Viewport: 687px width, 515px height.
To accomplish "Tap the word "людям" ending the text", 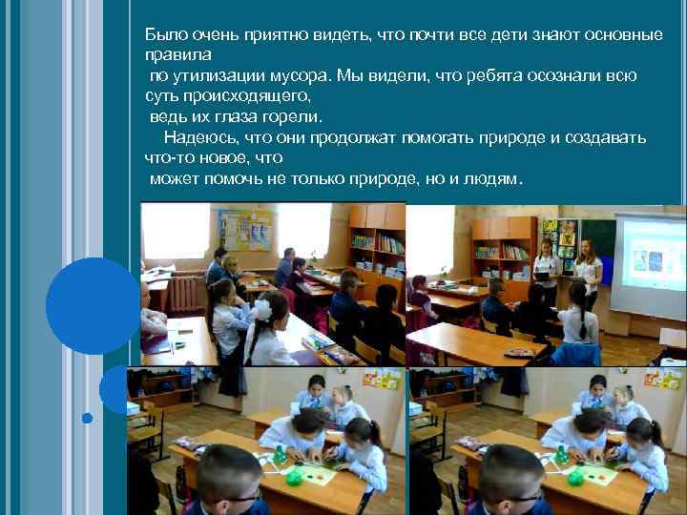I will pos(491,178).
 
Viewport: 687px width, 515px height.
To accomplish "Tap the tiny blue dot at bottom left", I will pos(87,417).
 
